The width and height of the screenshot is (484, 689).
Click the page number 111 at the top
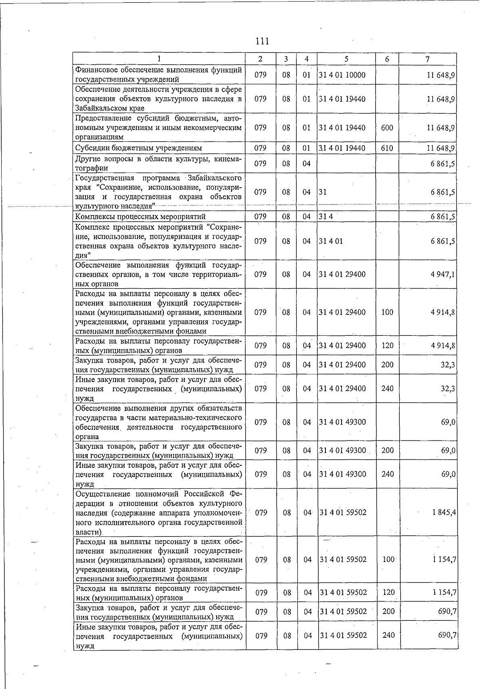(x=262, y=41)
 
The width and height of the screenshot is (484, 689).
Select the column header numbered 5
(x=346, y=59)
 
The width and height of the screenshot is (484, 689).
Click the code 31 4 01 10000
(x=342, y=75)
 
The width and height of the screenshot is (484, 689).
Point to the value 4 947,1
(x=444, y=274)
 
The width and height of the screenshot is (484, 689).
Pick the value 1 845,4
(x=444, y=513)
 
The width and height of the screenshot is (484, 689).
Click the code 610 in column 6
(x=387, y=148)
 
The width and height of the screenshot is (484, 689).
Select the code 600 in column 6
(x=387, y=128)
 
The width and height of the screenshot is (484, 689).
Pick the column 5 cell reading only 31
(x=323, y=192)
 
